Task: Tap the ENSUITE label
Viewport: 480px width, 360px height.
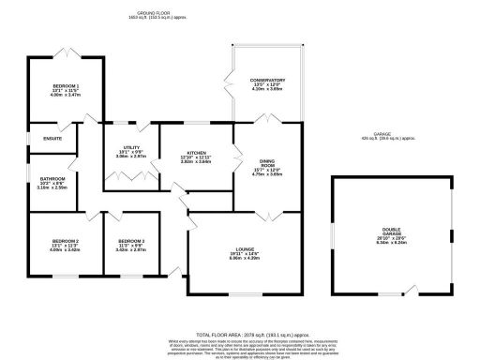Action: [52, 140]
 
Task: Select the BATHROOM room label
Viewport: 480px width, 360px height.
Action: [52, 178]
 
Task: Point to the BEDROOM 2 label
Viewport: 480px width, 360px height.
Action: [65, 241]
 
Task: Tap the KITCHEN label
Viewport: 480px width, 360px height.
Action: [196, 152]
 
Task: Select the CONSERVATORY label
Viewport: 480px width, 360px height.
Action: [267, 81]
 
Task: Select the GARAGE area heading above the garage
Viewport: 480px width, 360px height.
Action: [381, 134]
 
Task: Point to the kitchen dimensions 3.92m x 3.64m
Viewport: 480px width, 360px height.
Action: [196, 162]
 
